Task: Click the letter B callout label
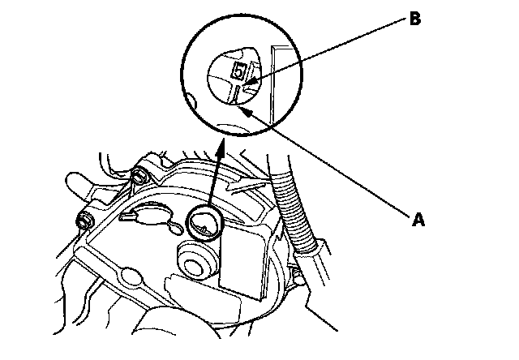tap(414, 19)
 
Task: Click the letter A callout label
tap(418, 217)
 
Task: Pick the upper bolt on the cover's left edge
tap(139, 177)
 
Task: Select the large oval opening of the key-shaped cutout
tap(151, 215)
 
